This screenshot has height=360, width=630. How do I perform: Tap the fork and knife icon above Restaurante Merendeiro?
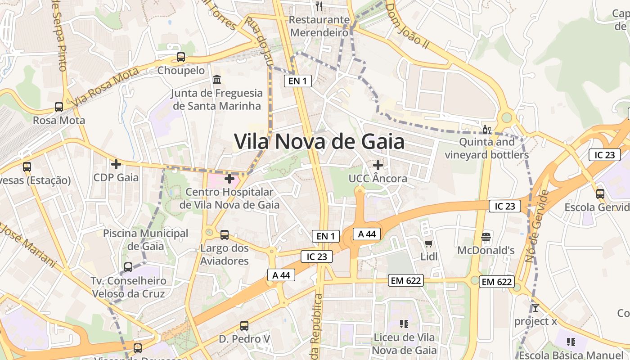click(x=319, y=6)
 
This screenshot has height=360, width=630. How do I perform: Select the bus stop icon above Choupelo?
click(x=181, y=57)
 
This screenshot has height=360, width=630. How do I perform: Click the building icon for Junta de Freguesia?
click(x=217, y=80)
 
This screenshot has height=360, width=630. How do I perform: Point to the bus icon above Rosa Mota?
click(x=59, y=107)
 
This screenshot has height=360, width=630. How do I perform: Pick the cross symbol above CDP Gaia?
click(x=116, y=164)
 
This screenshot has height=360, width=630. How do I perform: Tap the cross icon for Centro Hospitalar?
click(x=229, y=179)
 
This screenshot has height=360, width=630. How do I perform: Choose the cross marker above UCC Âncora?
click(x=378, y=165)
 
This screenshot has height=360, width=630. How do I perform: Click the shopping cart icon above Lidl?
click(x=429, y=243)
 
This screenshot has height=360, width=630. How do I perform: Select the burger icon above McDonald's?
click(x=486, y=237)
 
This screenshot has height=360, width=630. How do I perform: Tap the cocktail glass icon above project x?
click(x=535, y=308)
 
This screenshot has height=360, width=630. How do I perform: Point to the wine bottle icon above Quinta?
click(x=486, y=130)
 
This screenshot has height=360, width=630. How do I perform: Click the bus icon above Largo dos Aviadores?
click(x=225, y=235)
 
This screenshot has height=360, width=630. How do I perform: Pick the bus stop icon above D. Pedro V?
click(x=244, y=325)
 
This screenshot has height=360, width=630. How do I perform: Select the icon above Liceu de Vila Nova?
click(x=404, y=324)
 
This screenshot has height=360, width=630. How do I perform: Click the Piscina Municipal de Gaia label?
click(x=146, y=240)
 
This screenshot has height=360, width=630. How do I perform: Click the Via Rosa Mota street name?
click(x=105, y=88)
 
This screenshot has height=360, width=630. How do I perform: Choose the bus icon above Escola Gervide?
click(x=600, y=194)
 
